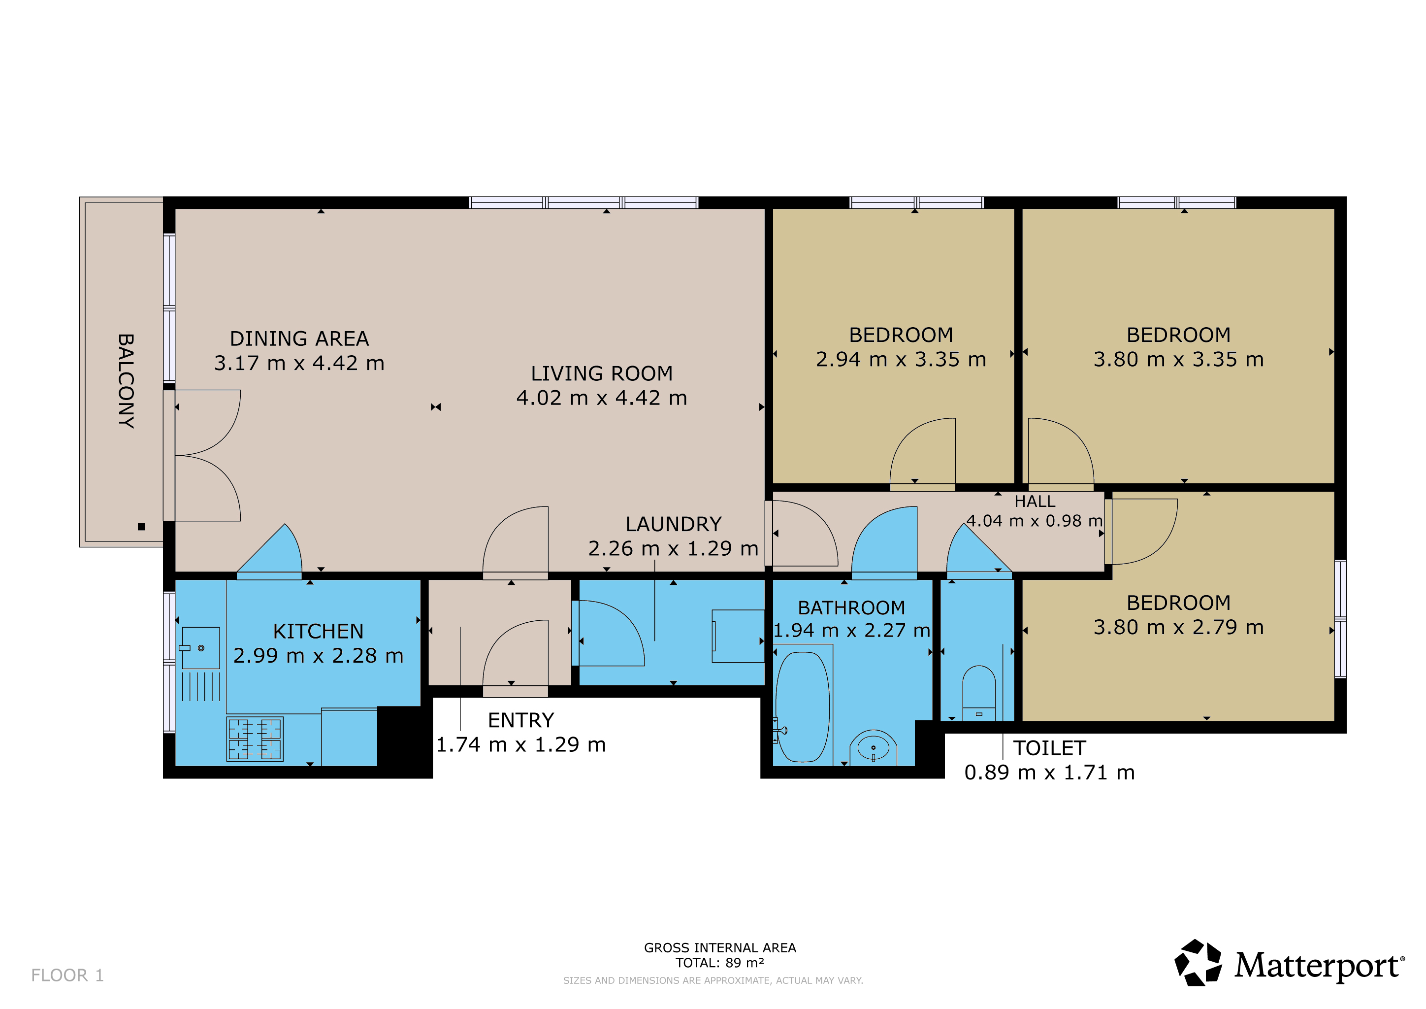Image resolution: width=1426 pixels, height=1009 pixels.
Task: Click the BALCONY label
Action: click(x=126, y=381)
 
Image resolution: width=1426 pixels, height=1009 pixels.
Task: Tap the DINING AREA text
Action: click(x=299, y=338)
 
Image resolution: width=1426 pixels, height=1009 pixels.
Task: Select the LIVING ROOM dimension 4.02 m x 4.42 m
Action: click(x=602, y=398)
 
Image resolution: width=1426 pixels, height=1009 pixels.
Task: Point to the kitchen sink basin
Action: click(x=200, y=648)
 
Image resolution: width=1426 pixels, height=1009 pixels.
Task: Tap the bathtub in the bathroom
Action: click(x=803, y=707)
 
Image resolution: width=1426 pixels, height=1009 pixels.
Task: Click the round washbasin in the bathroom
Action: click(x=873, y=747)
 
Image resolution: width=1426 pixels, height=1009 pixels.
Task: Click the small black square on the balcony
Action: click(x=142, y=527)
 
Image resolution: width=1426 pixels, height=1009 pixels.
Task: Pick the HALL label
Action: click(x=1035, y=502)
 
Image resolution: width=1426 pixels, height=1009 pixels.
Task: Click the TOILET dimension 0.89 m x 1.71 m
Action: click(x=1050, y=773)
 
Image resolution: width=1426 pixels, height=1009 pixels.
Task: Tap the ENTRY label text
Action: click(x=520, y=720)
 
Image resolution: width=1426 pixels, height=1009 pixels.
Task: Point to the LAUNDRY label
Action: click(x=673, y=524)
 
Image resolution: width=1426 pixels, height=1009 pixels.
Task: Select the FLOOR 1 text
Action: click(x=67, y=975)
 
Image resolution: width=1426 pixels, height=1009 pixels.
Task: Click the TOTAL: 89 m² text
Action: click(x=720, y=963)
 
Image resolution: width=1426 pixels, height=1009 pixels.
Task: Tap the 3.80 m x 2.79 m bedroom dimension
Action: click(x=1179, y=628)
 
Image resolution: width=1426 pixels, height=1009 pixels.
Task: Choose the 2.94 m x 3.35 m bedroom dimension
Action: click(x=901, y=359)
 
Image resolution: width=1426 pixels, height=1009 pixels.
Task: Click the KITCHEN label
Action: click(x=318, y=631)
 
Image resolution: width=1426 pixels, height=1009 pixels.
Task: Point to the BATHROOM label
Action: click(x=851, y=607)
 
